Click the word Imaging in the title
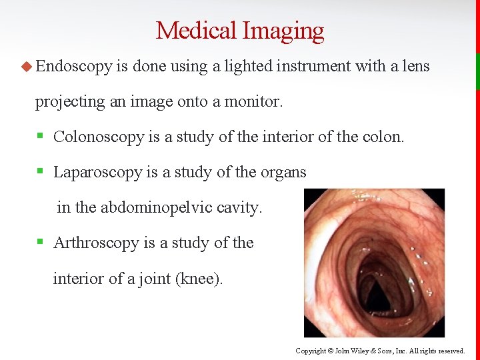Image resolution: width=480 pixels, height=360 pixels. point(283,31)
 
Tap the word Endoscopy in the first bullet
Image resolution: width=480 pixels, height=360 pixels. point(73,65)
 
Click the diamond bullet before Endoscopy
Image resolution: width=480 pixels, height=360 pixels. point(27,65)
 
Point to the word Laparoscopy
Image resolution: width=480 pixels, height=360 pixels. point(97,172)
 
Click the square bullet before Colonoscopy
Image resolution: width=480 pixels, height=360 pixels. point(40,137)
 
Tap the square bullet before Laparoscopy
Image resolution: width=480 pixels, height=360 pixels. point(40,172)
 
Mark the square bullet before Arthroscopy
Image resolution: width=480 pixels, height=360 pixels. point(40,243)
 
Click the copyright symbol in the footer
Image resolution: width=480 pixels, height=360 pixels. point(329,351)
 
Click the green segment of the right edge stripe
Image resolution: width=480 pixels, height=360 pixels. point(477,71)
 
